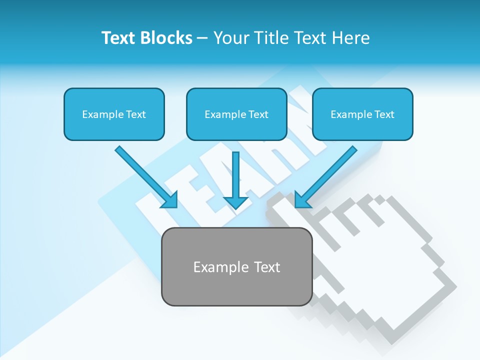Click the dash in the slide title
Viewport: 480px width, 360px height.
(x=202, y=38)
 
